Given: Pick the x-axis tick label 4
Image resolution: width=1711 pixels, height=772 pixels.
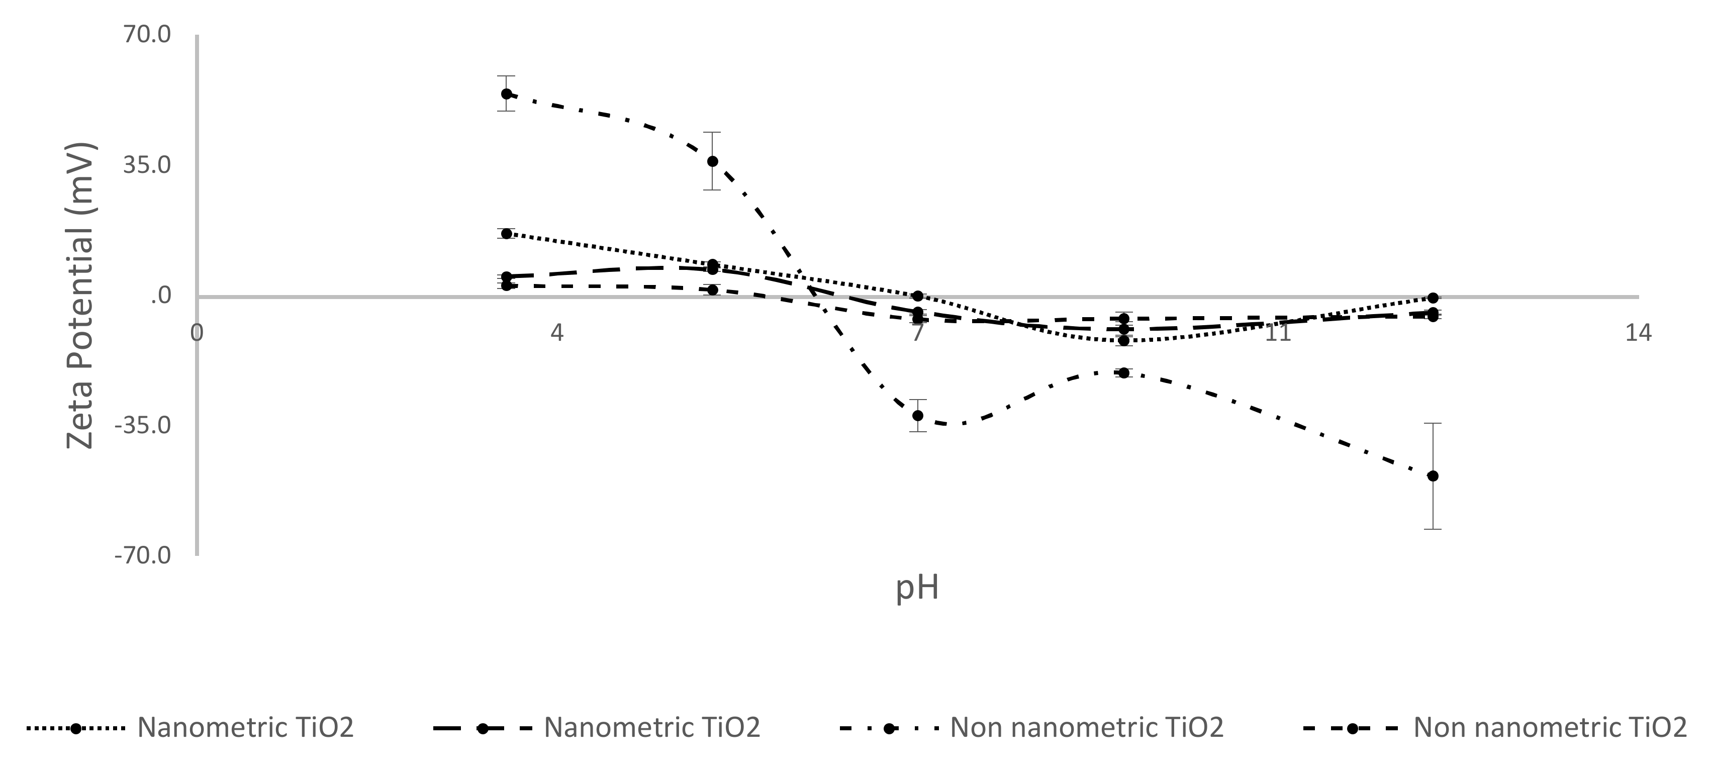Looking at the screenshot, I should (x=556, y=332).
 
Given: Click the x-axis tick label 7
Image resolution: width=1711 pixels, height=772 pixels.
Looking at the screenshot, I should (x=917, y=332).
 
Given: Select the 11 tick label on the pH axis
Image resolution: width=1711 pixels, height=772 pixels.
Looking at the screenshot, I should (x=1277, y=332).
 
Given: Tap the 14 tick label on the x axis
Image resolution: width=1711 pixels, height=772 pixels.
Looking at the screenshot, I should (x=1638, y=332).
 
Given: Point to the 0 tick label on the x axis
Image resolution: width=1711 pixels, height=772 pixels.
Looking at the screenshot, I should (x=197, y=332).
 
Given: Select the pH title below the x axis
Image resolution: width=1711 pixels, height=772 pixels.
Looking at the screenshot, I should (x=917, y=588).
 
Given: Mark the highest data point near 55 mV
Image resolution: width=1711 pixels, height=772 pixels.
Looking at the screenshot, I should (x=506, y=93).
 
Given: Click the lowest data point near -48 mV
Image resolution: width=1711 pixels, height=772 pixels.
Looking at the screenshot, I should (x=1433, y=475).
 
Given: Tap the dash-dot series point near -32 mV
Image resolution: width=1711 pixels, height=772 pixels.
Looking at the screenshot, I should (x=918, y=415).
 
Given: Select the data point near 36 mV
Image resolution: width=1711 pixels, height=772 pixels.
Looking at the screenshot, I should (x=712, y=161).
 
